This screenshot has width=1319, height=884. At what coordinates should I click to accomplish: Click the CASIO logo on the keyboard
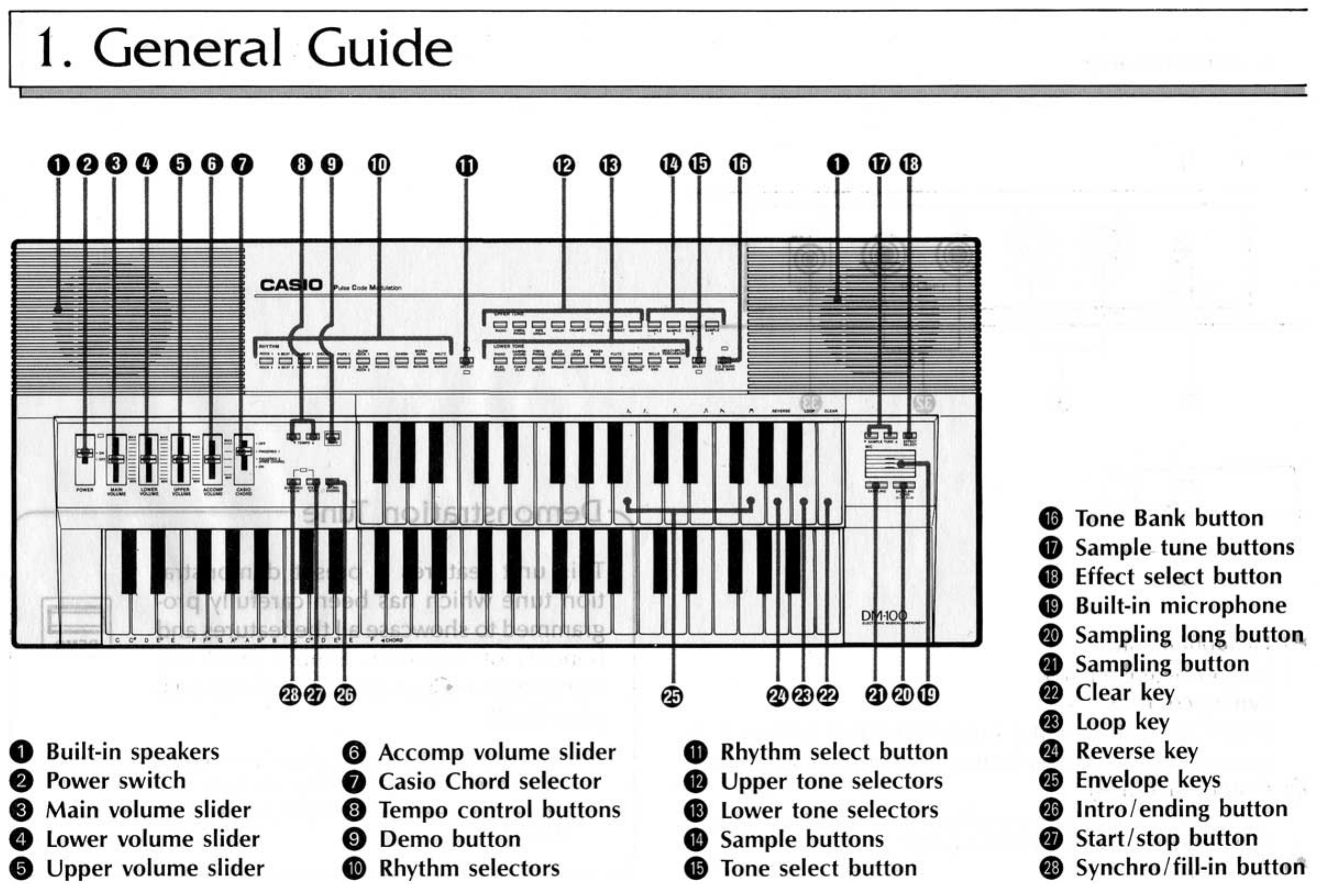(x=291, y=285)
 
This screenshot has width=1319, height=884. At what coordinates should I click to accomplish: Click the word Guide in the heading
(x=380, y=48)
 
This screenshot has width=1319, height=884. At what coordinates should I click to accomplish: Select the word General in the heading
(x=187, y=48)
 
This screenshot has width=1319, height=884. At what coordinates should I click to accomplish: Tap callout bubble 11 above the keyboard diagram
(x=467, y=166)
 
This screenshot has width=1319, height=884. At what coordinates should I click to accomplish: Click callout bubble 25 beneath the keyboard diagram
(x=672, y=697)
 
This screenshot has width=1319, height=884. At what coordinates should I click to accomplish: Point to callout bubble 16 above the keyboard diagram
(x=740, y=164)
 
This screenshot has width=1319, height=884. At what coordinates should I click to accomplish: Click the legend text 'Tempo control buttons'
(x=499, y=810)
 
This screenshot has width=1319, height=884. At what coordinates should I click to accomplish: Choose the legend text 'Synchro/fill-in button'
(x=1190, y=867)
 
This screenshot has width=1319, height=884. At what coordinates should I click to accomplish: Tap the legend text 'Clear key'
(x=1125, y=693)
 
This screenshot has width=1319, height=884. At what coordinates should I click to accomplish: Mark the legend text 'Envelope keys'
(x=1148, y=780)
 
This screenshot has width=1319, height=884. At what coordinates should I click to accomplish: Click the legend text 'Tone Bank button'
(x=1169, y=519)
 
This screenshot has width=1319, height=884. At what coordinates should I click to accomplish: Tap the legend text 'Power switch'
(x=115, y=781)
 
